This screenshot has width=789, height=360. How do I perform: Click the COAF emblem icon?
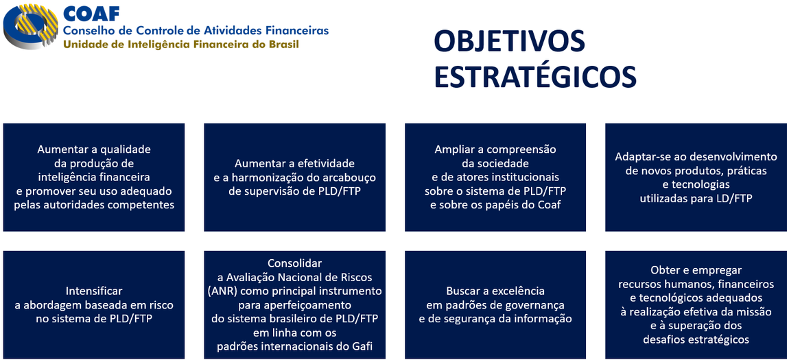click(x=31, y=26)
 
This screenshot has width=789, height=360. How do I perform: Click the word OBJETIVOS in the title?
click(x=509, y=41)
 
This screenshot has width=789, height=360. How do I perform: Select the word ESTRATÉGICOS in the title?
click(x=536, y=76)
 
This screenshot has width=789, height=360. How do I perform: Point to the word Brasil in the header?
click(x=282, y=44)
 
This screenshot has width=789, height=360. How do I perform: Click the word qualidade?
click(x=126, y=149)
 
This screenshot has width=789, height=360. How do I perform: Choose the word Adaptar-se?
click(x=641, y=156)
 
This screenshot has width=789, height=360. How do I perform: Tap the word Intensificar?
click(x=94, y=291)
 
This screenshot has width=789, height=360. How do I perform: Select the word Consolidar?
click(x=295, y=263)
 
